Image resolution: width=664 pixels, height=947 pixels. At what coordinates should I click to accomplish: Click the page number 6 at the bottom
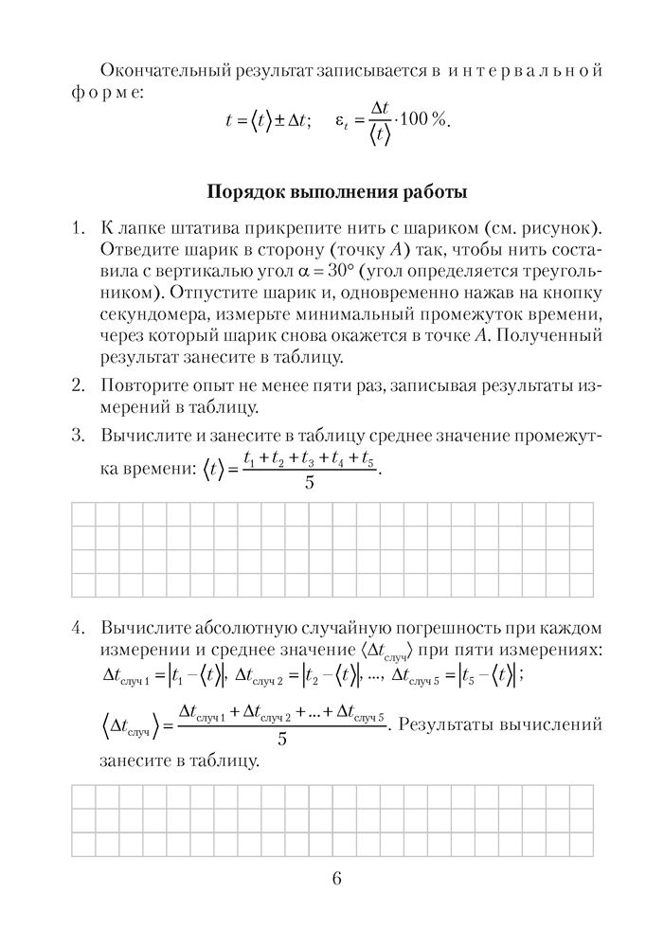[337, 877]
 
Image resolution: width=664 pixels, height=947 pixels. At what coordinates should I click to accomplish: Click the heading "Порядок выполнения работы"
[336, 194]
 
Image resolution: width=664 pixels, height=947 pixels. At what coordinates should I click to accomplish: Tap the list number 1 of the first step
[79, 230]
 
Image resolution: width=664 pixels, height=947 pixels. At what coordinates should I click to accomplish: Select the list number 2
[79, 386]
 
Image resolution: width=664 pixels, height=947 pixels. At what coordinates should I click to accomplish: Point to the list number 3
[79, 437]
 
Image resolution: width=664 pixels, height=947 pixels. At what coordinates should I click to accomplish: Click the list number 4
[79, 629]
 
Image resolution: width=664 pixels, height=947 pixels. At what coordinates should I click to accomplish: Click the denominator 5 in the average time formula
[310, 483]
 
